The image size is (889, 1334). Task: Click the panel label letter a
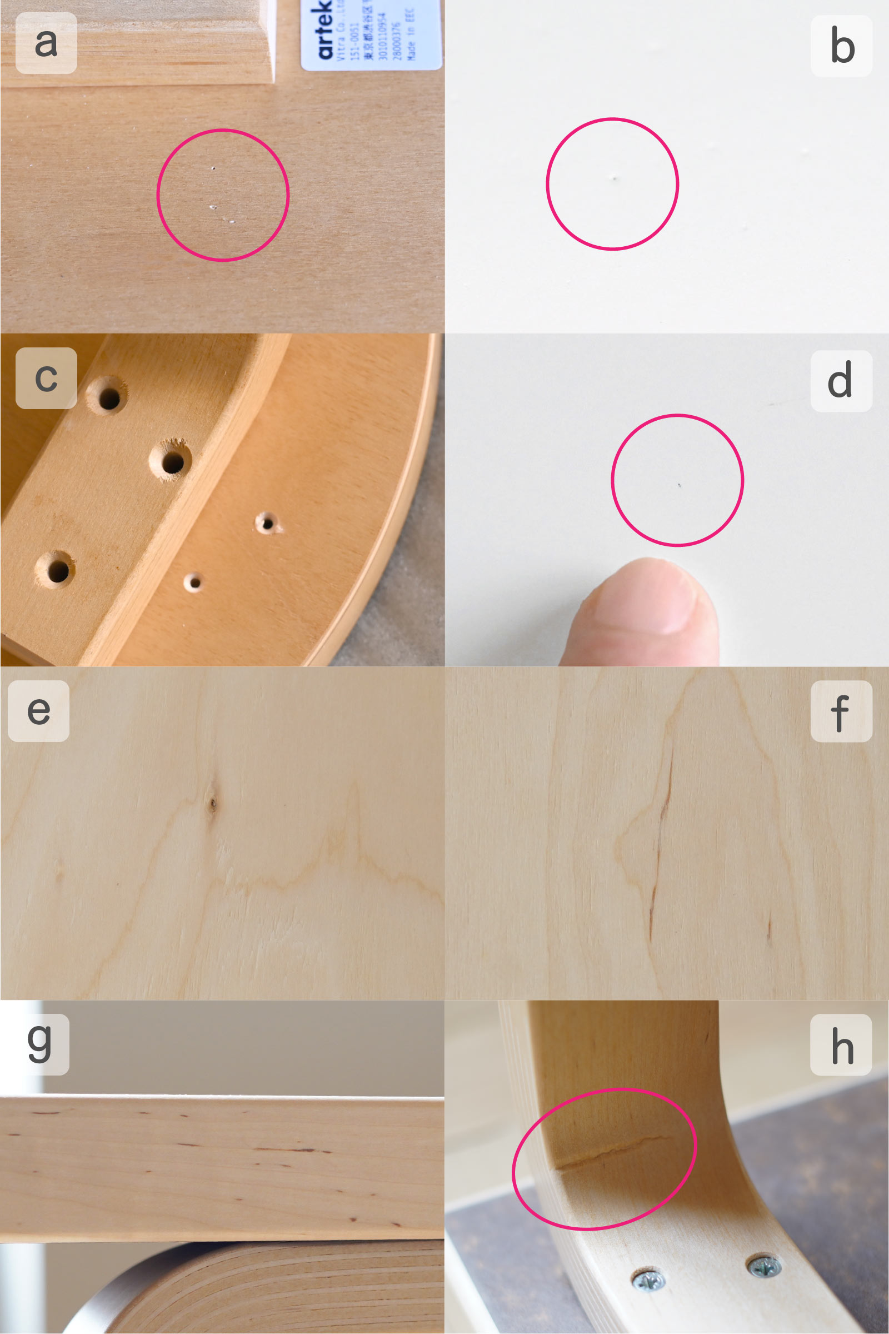pos(46,43)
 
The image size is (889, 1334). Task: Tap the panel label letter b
pos(842,47)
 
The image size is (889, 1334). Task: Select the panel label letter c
pos(46,379)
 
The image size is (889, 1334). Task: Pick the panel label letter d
pos(840,381)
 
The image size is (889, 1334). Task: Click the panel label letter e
pos(38,711)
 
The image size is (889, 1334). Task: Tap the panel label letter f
pos(840,711)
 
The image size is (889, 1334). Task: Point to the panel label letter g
pos(38,1044)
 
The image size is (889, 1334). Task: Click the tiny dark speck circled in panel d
pos(680,485)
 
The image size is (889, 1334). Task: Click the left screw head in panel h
pos(648,1280)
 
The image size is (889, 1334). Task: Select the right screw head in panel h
pos(763,1266)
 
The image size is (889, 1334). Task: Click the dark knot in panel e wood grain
pos(213,803)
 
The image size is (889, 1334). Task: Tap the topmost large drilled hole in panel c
pos(109,397)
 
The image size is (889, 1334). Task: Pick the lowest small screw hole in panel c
pos(194,582)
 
